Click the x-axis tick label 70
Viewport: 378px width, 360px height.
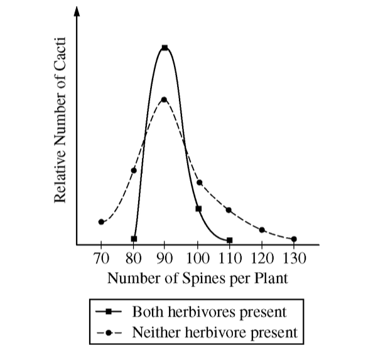100,257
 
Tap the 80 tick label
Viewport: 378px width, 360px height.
133,257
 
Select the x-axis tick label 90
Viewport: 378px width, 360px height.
165,257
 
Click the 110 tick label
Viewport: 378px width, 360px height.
230,257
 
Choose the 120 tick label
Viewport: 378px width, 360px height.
262,257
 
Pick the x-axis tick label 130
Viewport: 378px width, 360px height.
294,257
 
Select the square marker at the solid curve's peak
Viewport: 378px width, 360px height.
165,48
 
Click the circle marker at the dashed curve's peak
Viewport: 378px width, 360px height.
165,99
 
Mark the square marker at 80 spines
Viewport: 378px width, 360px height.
133,239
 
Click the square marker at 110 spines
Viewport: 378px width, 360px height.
230,240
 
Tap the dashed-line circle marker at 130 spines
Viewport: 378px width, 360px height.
294,239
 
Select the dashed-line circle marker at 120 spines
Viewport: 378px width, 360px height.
262,230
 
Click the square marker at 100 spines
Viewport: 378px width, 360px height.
198,209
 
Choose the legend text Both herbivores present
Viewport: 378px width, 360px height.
209,311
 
